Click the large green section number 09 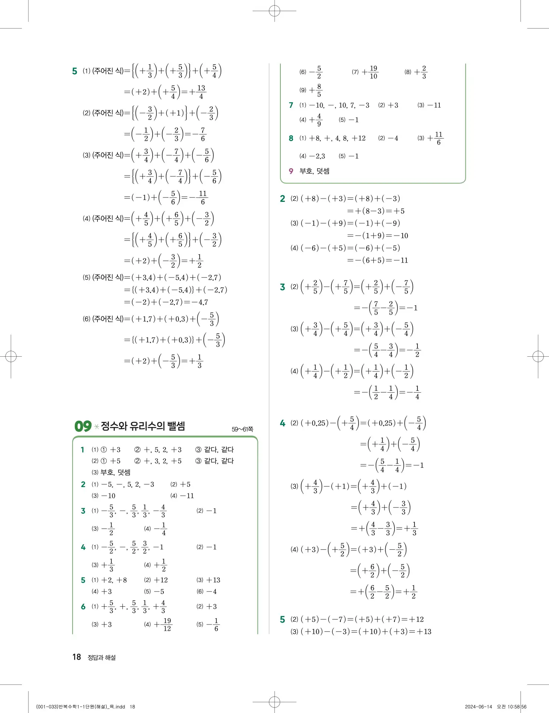[83, 426]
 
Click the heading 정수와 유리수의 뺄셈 [143, 426]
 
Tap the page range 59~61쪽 [242, 429]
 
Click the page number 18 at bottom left [77, 657]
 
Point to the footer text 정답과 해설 [102, 658]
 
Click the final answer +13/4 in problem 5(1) [198, 92]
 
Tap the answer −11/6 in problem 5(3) [199, 197]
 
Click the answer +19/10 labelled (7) [370, 72]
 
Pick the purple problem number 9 [291, 171]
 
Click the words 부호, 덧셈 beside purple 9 [315, 171]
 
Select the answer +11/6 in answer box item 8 [435, 138]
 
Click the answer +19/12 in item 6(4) [163, 624]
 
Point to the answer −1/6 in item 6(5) [214, 624]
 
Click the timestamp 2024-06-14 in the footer [478, 707]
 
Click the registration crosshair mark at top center [274, 11]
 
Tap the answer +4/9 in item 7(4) [316, 120]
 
